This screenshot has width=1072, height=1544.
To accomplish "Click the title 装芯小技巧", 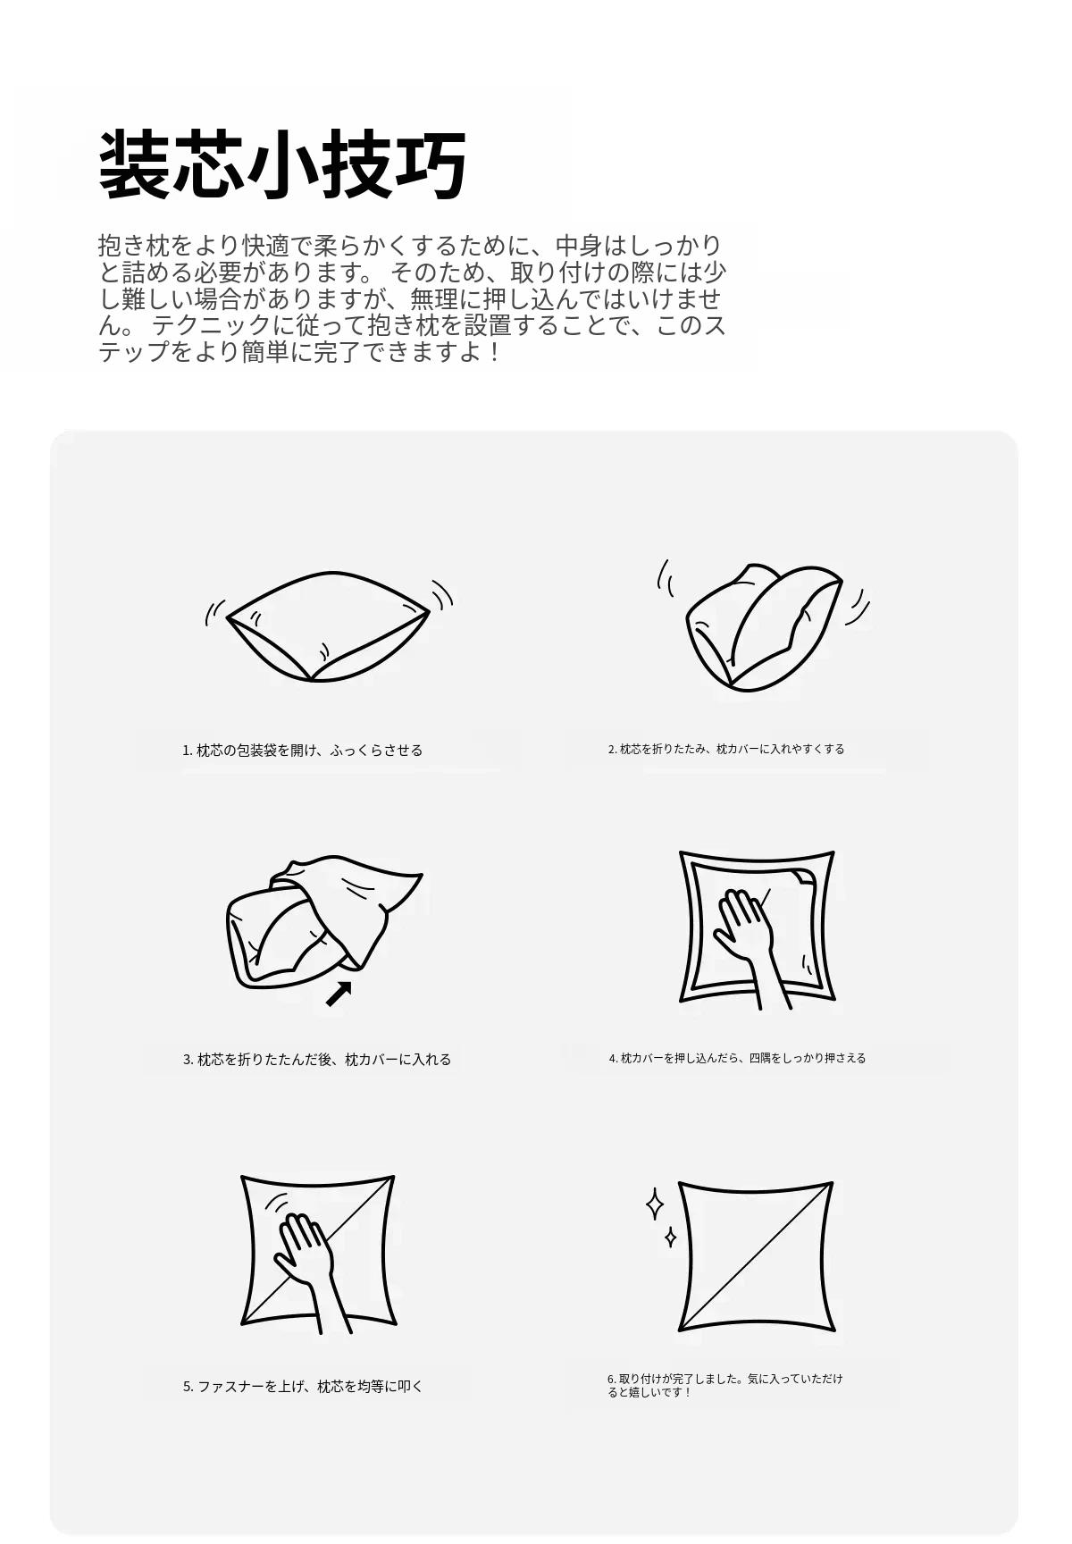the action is click(x=282, y=165).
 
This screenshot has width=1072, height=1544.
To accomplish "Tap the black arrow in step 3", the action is click(x=339, y=993).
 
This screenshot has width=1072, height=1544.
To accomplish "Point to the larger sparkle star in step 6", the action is click(x=655, y=1204).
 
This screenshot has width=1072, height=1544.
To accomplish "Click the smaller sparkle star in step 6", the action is click(x=670, y=1238).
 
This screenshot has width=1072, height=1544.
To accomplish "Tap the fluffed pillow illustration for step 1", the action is click(x=327, y=627).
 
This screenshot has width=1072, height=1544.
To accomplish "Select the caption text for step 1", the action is click(x=303, y=751).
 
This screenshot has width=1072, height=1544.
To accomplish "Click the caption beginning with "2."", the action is click(x=726, y=749).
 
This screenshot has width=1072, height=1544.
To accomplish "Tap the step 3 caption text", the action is click(x=317, y=1060).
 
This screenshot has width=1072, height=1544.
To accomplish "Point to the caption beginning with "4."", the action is click(x=738, y=1058).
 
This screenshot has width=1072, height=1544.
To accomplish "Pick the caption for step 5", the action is click(x=303, y=1387).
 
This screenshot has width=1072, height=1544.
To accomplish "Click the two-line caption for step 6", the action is click(x=725, y=1385).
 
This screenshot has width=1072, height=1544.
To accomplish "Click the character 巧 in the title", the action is click(x=431, y=165).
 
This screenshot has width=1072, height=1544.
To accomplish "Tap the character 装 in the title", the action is click(x=133, y=165).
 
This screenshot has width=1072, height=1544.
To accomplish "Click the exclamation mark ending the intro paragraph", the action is click(x=495, y=352).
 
